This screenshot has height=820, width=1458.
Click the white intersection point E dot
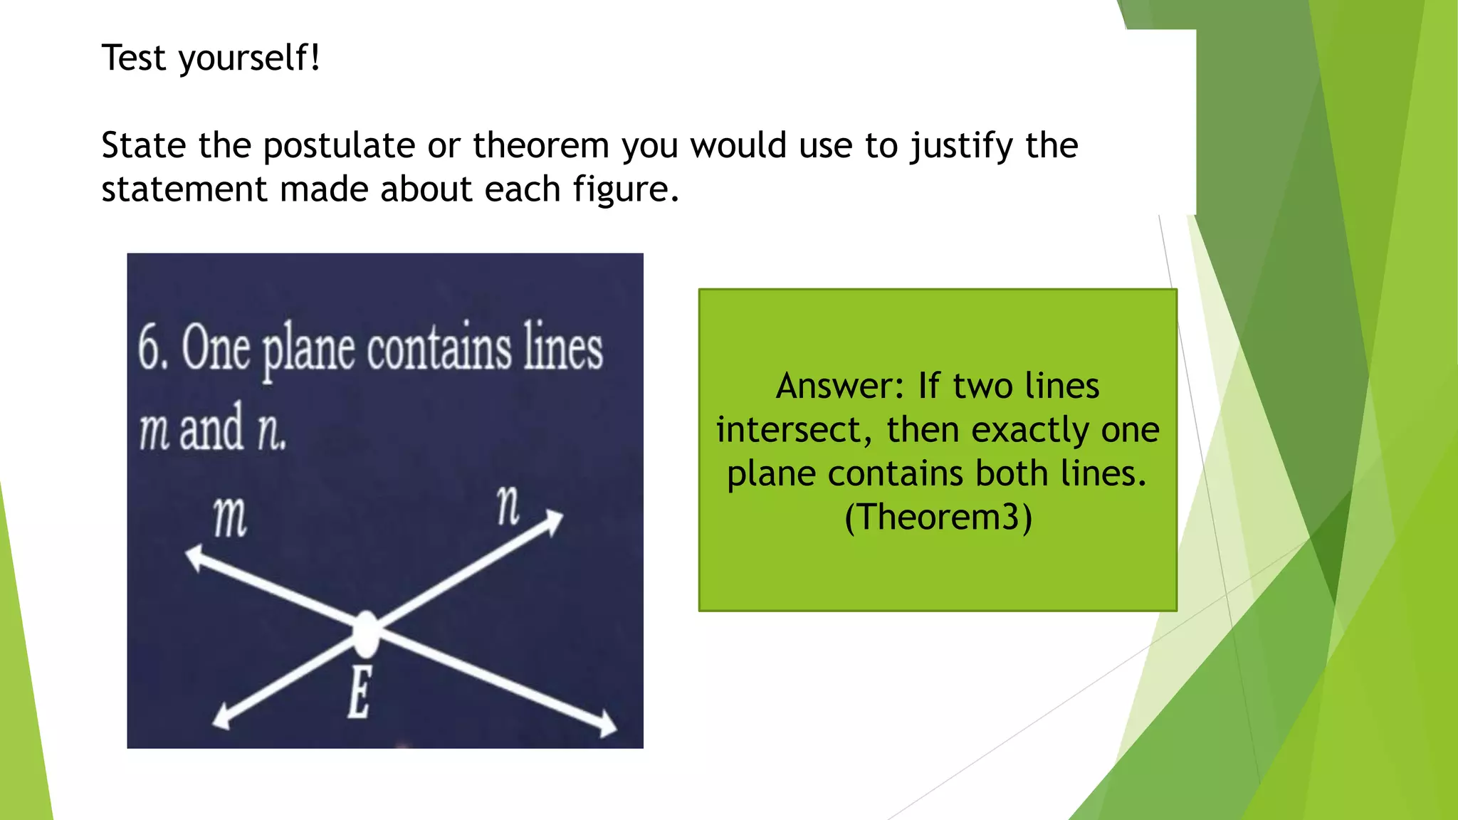coord(366,633)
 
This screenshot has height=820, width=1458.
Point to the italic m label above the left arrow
coord(230,517)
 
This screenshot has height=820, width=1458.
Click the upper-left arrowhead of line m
coord(194,557)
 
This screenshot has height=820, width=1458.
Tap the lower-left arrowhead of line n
coord(222,717)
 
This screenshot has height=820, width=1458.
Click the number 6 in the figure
coord(151,347)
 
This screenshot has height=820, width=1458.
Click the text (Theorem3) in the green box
coord(938,517)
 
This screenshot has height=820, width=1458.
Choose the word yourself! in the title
coord(249,58)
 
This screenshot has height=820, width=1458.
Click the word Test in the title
coord(135,58)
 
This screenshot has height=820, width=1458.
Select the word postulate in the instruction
coord(339,146)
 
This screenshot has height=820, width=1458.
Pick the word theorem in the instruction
coord(541,146)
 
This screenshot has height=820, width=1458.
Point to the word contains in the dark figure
coord(439,349)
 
